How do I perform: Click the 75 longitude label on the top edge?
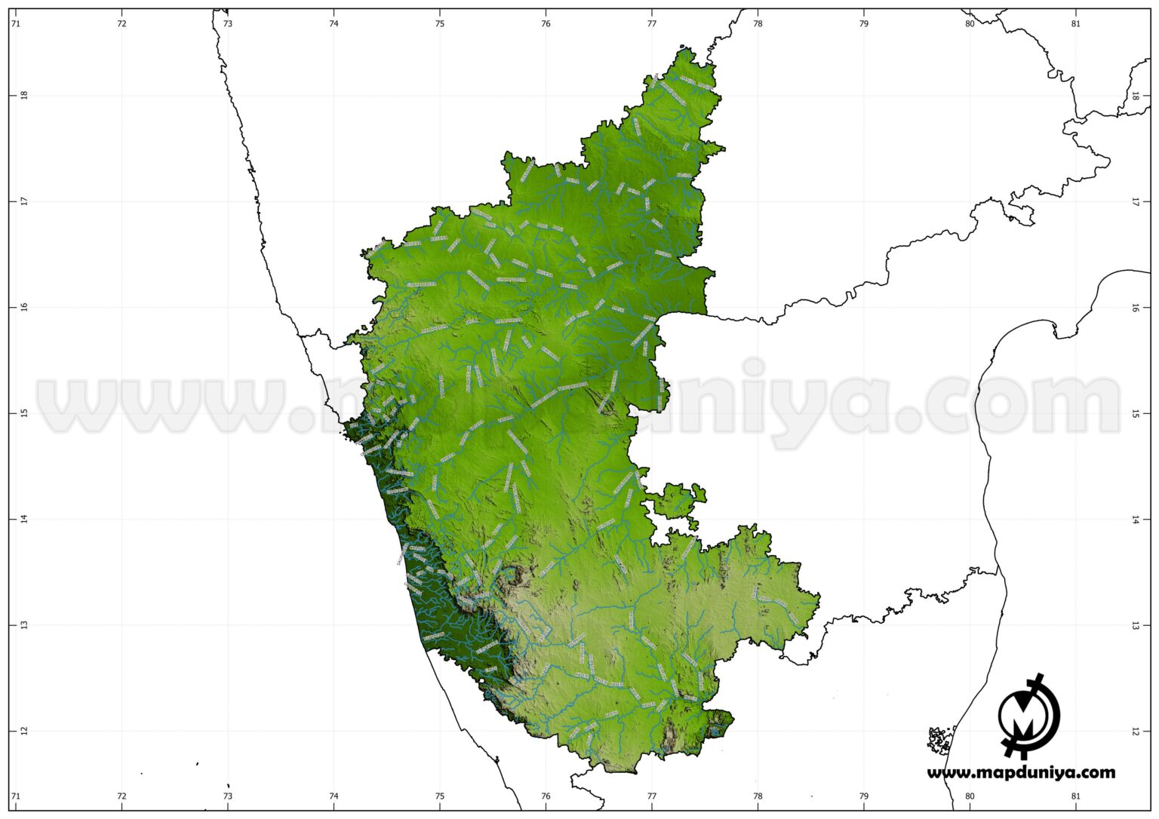click(440, 23)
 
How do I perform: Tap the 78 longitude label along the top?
click(758, 23)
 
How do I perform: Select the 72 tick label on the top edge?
click(121, 23)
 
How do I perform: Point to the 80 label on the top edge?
click(970, 23)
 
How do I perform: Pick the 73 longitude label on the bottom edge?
click(228, 796)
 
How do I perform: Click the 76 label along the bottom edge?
click(546, 796)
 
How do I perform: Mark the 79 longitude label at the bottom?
click(864, 796)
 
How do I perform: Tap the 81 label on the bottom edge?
click(1076, 796)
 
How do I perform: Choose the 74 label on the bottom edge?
click(334, 796)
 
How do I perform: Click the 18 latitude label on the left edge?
click(23, 95)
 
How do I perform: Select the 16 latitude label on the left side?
click(23, 307)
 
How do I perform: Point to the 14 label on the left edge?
click(23, 519)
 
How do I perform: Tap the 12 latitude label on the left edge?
click(23, 731)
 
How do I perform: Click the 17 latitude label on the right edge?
click(1136, 201)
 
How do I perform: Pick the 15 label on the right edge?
click(1136, 413)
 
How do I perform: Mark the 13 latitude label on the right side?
click(1136, 625)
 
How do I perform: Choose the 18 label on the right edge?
click(1136, 96)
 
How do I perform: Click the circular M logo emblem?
click(1028, 715)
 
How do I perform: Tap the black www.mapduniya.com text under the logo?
click(1021, 772)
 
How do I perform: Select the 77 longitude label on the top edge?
click(652, 23)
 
